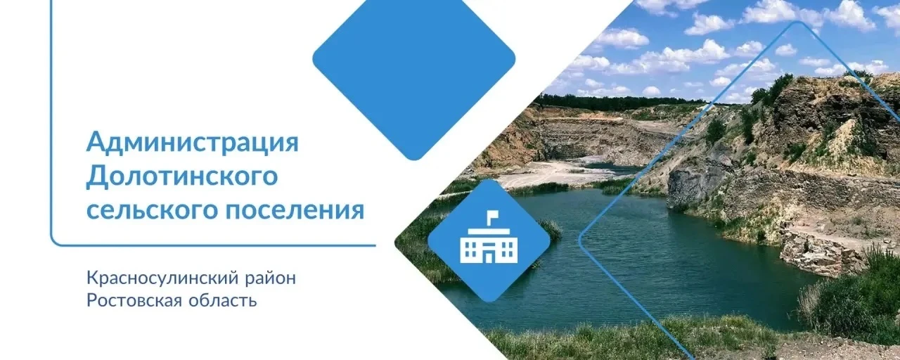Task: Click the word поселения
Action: [x=295, y=210]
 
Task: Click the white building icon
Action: [x=489, y=237]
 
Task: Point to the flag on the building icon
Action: [x=490, y=215]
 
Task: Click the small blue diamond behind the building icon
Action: [x=489, y=240]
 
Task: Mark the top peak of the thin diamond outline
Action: [x=797, y=22]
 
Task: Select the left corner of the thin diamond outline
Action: [x=579, y=240]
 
